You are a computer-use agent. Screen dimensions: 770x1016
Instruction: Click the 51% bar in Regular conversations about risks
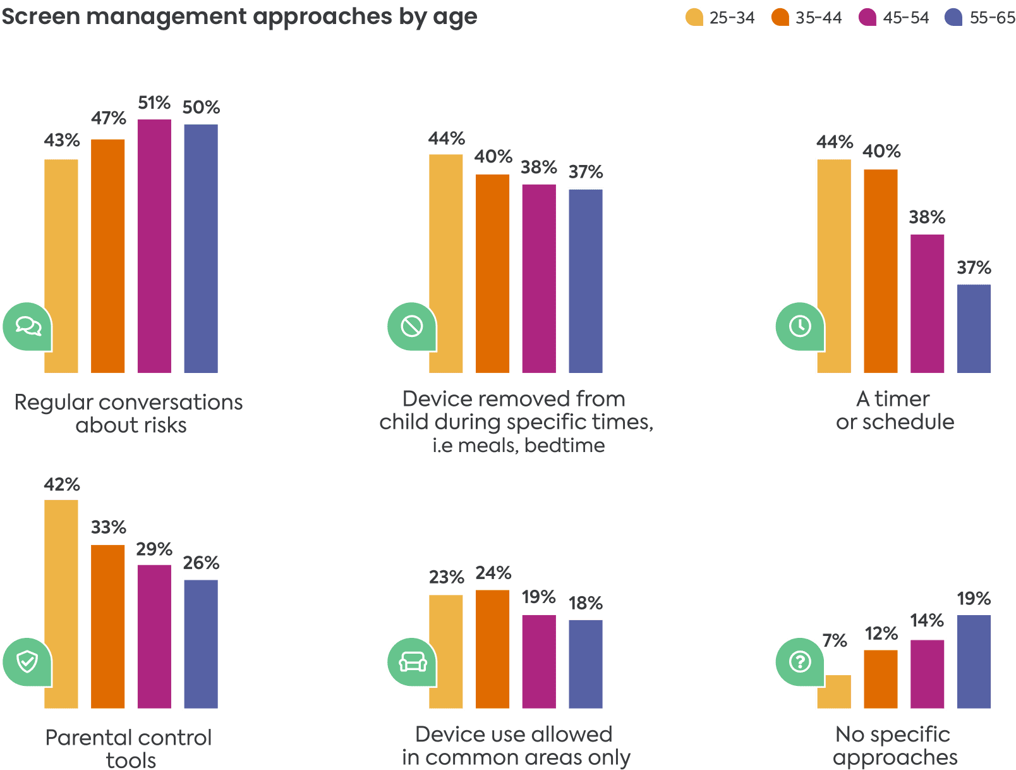point(154,246)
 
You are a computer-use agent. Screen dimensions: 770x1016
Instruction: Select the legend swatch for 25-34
point(694,17)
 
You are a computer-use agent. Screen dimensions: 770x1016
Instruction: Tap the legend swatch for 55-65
point(954,17)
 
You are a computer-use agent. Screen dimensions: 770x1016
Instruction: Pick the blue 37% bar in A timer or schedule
point(974,329)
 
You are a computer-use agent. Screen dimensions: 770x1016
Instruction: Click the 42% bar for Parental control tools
point(61,604)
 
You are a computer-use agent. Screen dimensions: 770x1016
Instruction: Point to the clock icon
point(800,326)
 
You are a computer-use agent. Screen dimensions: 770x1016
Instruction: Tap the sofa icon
point(412,662)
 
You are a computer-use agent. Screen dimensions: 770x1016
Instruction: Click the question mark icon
point(800,662)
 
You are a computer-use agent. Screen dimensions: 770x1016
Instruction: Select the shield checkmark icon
point(27,662)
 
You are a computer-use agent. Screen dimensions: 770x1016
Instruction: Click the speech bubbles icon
point(27,326)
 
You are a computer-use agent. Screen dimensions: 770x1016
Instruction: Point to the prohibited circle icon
point(412,326)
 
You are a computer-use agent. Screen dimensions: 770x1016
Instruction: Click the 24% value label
point(493,573)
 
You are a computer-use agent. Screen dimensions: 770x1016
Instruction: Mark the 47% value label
point(108,118)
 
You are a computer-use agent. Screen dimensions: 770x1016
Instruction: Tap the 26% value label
point(201,563)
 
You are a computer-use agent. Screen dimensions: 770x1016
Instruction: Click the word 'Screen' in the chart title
point(40,17)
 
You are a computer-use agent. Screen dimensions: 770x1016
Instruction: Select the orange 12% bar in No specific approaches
point(881,679)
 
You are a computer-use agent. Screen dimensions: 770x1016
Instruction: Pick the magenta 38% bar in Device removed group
point(539,279)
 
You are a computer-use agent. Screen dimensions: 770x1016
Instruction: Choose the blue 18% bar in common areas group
point(586,664)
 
